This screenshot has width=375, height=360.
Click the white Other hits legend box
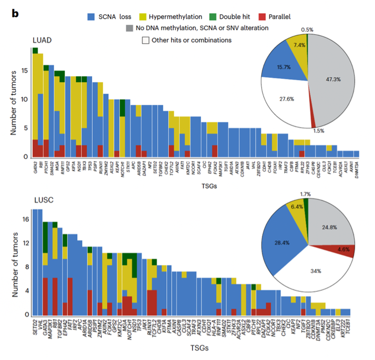[144, 40]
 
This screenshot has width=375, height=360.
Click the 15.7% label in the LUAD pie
[281, 67]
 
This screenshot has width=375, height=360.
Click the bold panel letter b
[15, 13]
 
